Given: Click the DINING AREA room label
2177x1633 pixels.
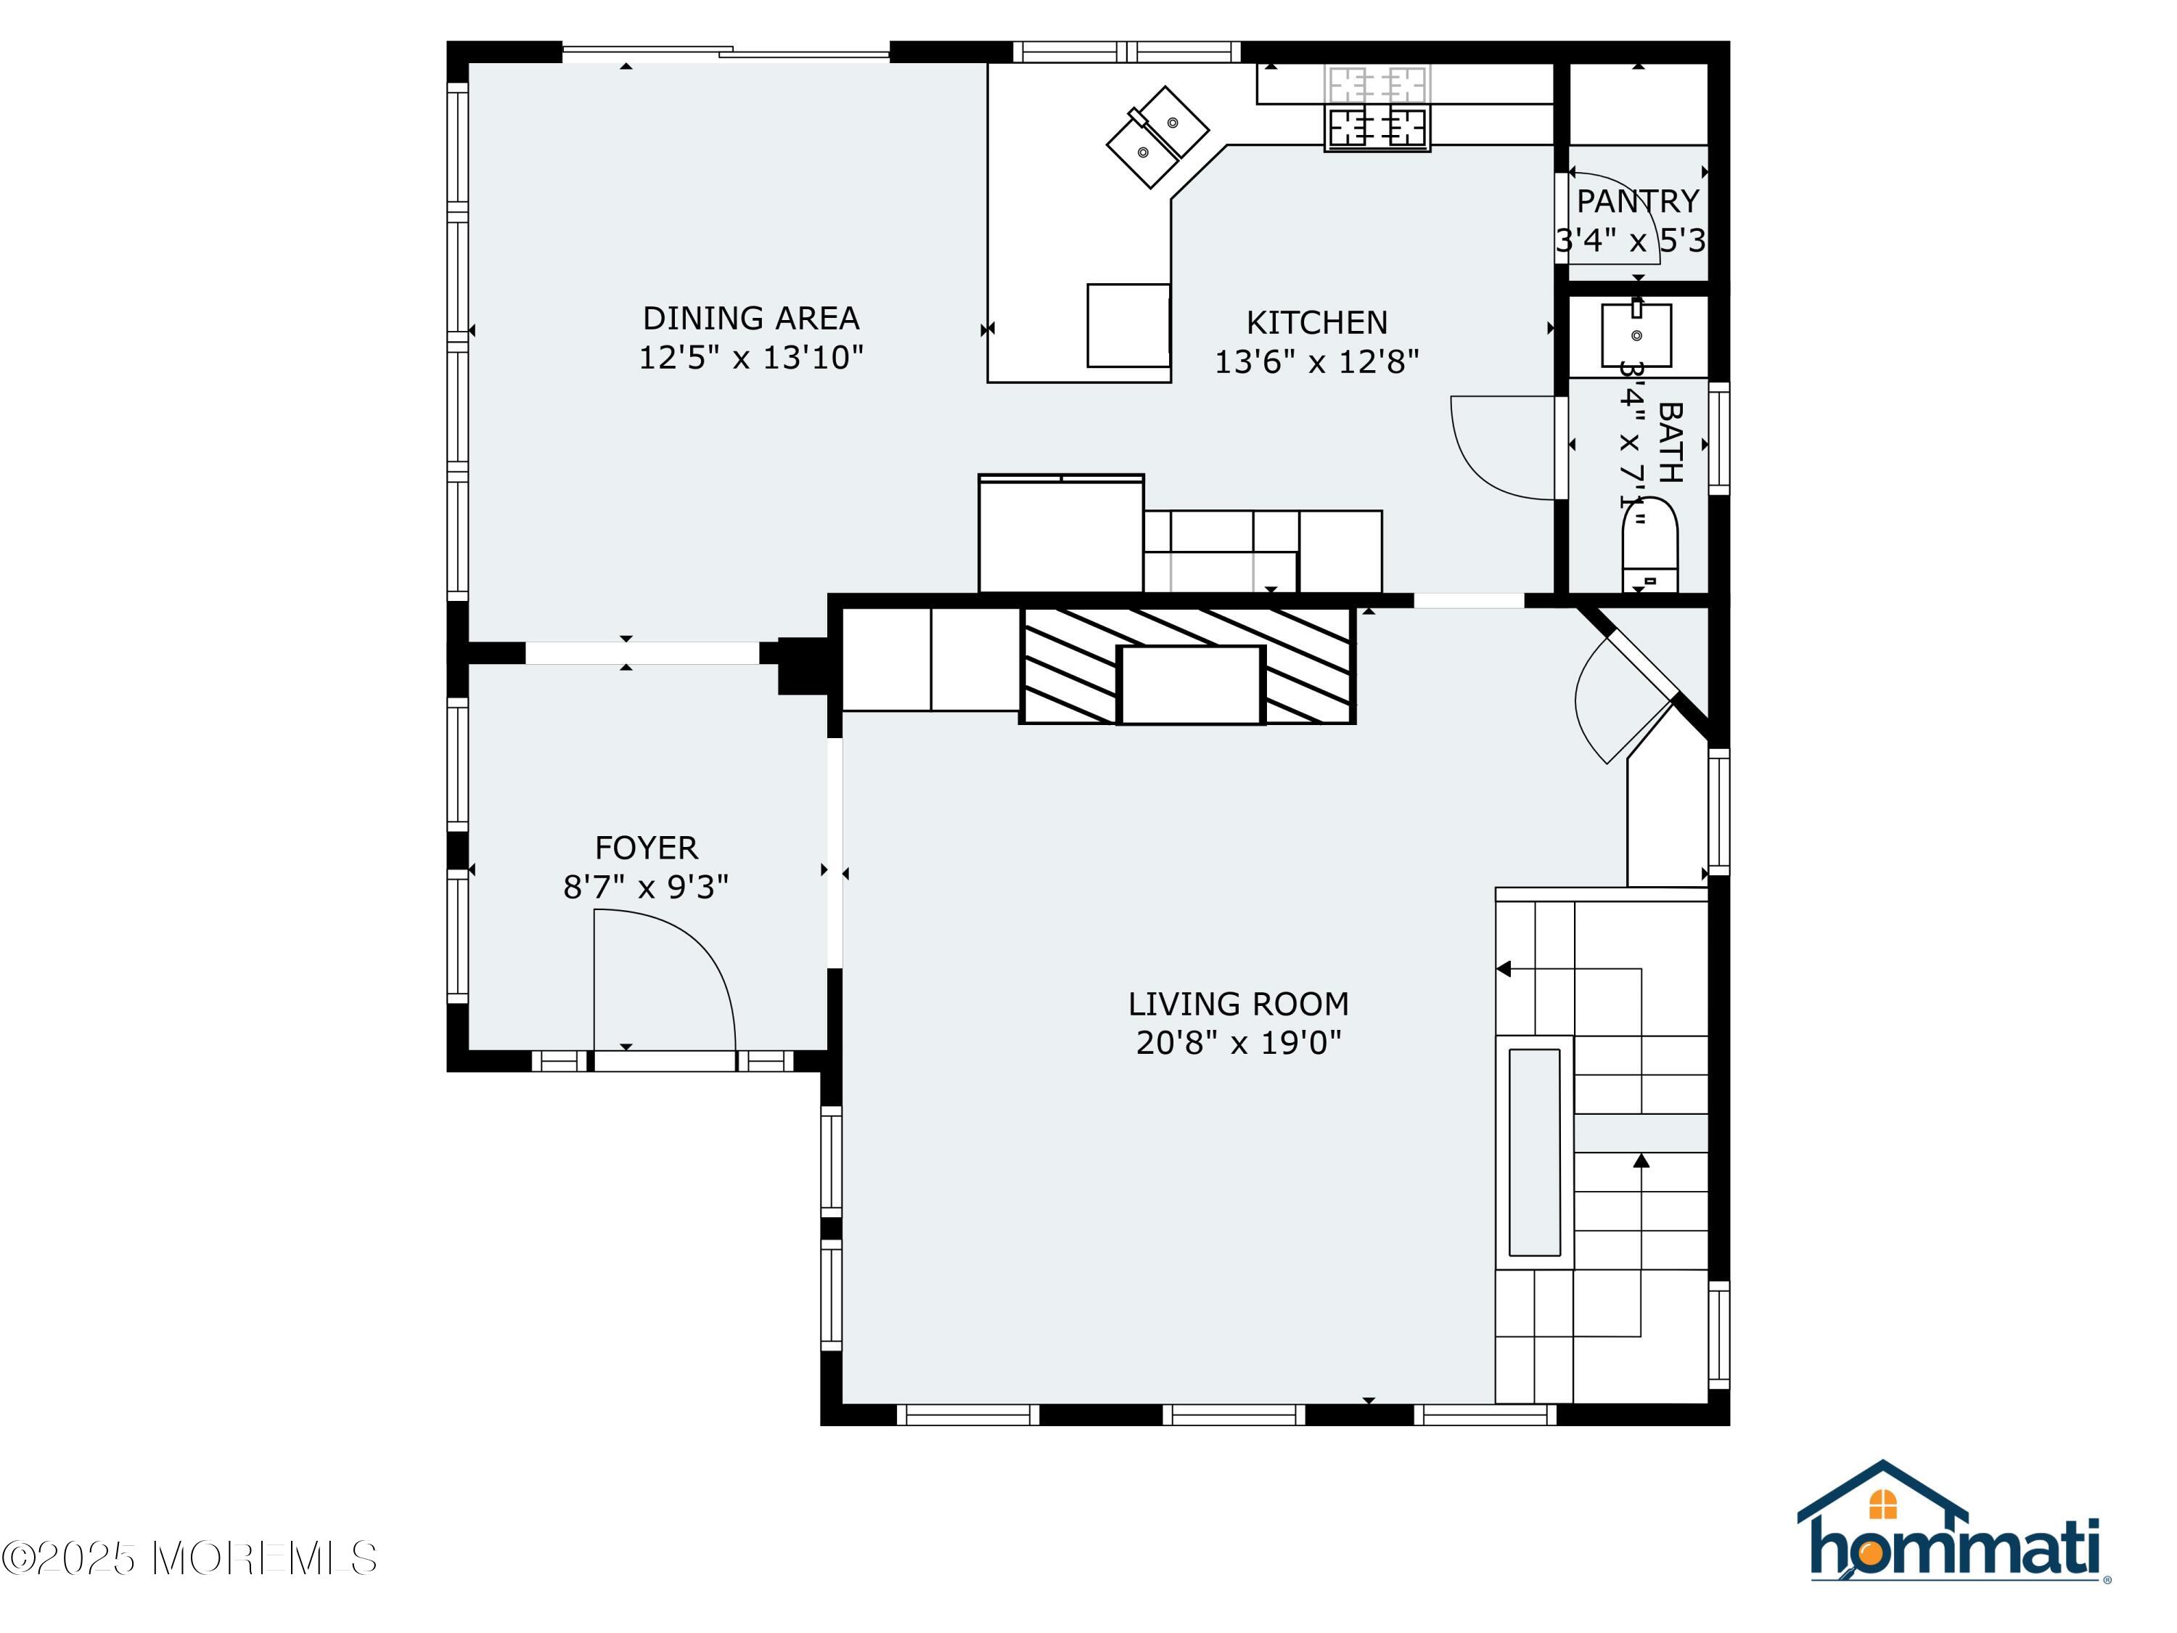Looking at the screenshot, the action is (751, 318).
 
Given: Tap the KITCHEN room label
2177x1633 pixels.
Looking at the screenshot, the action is (1317, 323).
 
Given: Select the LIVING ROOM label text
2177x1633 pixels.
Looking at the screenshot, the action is (1238, 1004).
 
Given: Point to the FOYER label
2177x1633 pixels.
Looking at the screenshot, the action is (646, 848).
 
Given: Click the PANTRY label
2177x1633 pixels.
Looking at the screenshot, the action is (1638, 201).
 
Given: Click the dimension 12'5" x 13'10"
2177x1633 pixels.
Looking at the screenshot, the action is (751, 357).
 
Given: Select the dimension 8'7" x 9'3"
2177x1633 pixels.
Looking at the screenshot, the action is (646, 887).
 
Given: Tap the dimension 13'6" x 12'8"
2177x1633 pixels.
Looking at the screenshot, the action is (1317, 362).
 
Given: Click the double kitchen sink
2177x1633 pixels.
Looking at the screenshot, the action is (1157, 137).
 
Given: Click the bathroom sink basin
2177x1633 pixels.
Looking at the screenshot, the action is (1636, 335).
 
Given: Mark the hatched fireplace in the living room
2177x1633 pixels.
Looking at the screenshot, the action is (1187, 666).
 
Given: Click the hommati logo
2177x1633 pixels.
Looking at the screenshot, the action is (1953, 1522).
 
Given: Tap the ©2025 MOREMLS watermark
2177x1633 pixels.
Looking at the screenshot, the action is (189, 1558).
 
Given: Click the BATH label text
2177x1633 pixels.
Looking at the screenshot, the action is (1670, 442).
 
